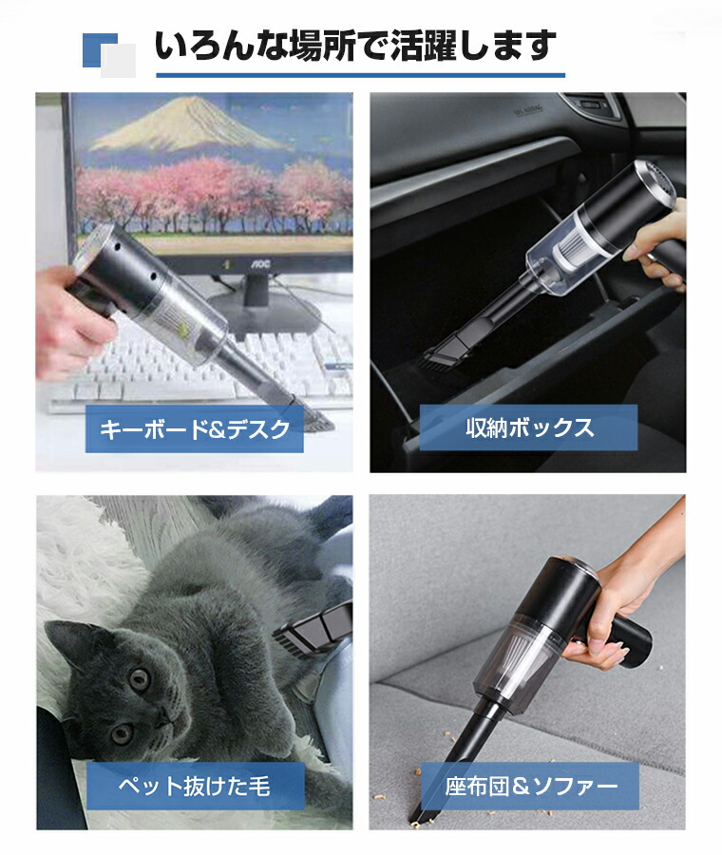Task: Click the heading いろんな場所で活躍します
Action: (355, 46)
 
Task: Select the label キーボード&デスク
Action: (195, 429)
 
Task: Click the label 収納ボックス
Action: (529, 428)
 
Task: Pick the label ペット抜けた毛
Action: (194, 787)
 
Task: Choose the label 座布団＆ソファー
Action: (531, 787)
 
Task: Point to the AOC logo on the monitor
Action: (260, 265)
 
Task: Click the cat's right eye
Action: (123, 733)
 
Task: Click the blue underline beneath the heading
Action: (360, 75)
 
